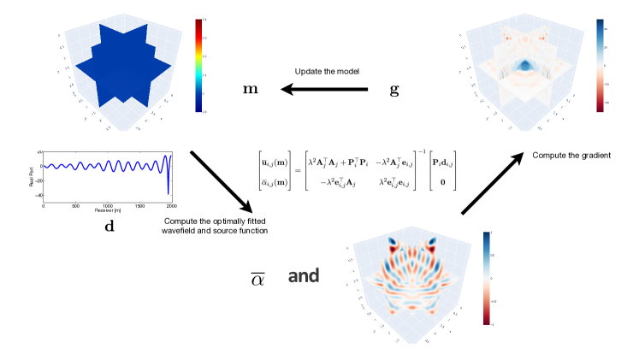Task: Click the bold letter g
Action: tap(394, 90)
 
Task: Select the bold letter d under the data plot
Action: tap(107, 228)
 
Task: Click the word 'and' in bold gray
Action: tap(303, 275)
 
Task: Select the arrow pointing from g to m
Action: tap(326, 90)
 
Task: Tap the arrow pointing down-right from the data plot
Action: tap(220, 182)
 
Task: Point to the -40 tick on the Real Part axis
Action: tap(38, 196)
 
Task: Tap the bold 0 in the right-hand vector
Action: tap(444, 182)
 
